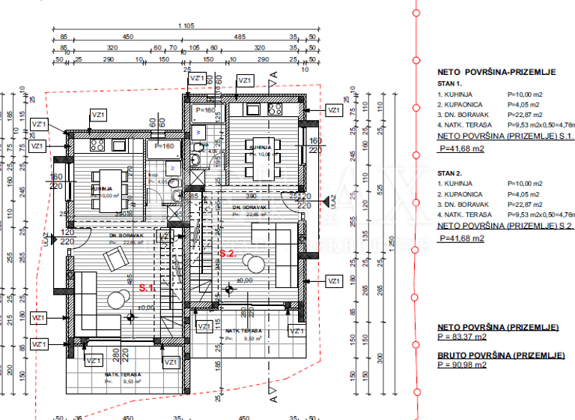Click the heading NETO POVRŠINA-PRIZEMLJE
[x=496, y=73]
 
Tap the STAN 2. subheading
[x=450, y=172]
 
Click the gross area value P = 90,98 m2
[x=461, y=364]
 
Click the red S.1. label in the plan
[x=147, y=287]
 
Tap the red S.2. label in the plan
[x=228, y=254]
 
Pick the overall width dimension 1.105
[x=186, y=26]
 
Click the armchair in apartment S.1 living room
[x=115, y=259]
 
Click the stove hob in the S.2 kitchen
[x=273, y=109]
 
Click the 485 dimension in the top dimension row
[x=240, y=36]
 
